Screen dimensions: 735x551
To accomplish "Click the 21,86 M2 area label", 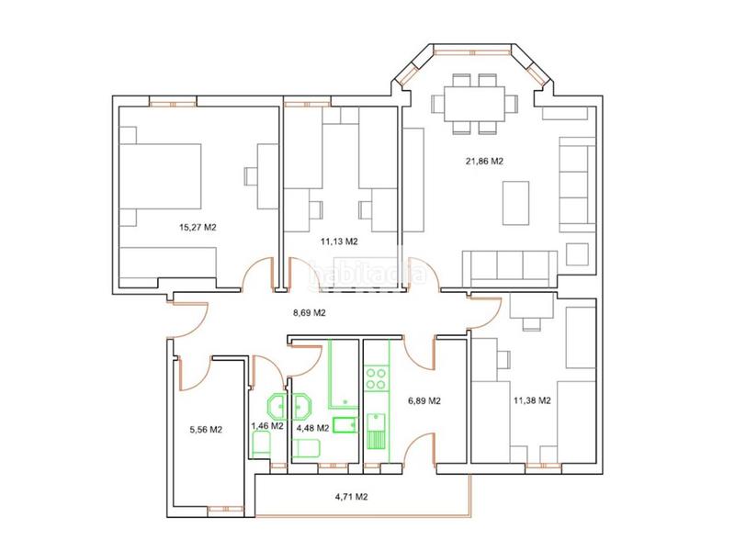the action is coord(484,162).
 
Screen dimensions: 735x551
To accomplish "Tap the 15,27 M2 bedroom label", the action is coord(198,228).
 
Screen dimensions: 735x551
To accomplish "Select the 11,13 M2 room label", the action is coord(339,242).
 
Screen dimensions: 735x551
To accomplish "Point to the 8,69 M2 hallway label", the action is coord(310,312).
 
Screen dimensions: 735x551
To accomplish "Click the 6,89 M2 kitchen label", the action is coord(424,401).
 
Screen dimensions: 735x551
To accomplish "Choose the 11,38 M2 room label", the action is coord(532,400).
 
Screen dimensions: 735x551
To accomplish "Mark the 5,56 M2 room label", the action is coord(206,430).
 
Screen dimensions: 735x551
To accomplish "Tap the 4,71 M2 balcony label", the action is coord(352,497).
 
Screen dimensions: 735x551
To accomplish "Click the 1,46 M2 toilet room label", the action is coord(267,426).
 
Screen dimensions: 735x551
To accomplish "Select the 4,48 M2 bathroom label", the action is coord(313,428).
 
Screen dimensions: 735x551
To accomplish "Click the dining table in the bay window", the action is coord(474,104).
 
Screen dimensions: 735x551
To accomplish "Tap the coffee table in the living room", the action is coord(515,203).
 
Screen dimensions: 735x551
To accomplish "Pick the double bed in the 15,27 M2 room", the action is coord(160,176).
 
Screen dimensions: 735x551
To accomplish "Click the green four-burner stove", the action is coord(376,379).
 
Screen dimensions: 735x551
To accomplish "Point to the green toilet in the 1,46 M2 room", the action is coord(261,444).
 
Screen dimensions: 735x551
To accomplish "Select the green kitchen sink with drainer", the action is coord(376,431).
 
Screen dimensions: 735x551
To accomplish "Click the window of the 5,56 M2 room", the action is coord(225,510).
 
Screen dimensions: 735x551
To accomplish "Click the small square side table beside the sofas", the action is coord(577,254).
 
